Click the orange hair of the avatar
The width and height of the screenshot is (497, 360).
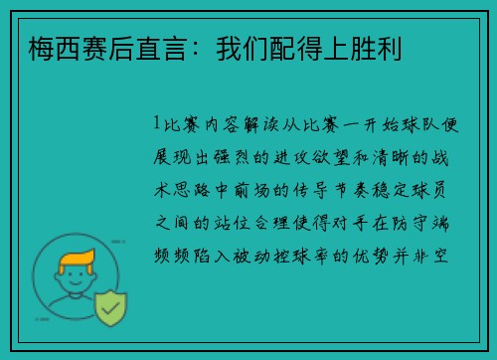click(x=79, y=264)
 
